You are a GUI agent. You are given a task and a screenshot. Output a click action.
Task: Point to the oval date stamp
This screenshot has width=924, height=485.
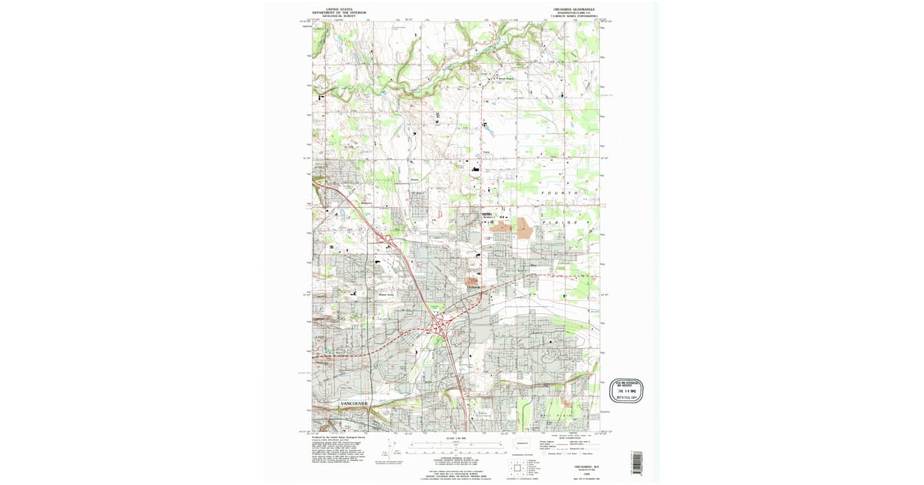coord(626,391)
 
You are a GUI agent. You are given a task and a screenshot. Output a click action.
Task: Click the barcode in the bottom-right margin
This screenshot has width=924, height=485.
coord(636,462)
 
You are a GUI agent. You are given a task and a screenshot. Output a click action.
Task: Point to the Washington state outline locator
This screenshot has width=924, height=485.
coord(523,443)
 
